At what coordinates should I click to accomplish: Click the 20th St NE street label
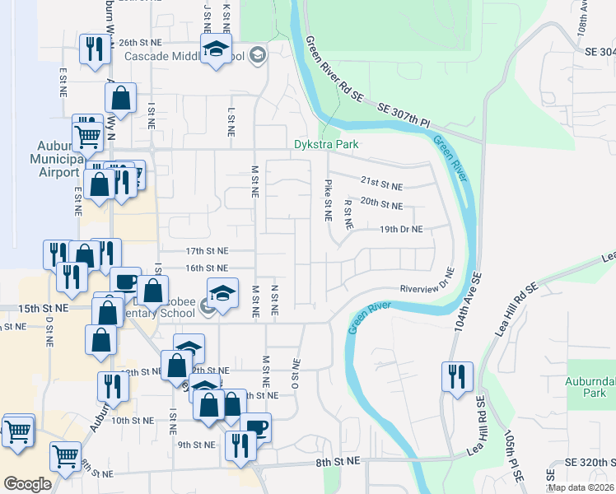click(x=381, y=204)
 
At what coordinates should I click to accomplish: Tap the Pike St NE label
click(x=328, y=200)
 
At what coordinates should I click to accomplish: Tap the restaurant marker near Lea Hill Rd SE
click(x=454, y=376)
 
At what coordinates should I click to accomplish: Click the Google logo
click(x=27, y=483)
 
